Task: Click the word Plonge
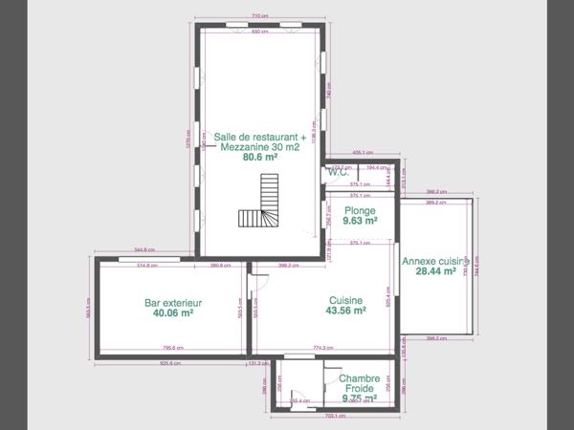[x=359, y=210]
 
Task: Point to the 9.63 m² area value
[x=359, y=221]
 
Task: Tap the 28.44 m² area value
[x=435, y=271]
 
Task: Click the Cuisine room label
[x=346, y=299]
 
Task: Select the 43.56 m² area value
[x=346, y=311]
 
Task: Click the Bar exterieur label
[x=173, y=302]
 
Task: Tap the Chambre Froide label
[x=359, y=384]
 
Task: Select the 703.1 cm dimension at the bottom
[x=334, y=417]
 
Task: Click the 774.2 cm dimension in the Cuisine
[x=322, y=348]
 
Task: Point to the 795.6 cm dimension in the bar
[x=173, y=348]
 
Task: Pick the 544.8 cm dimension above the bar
[x=145, y=250]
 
